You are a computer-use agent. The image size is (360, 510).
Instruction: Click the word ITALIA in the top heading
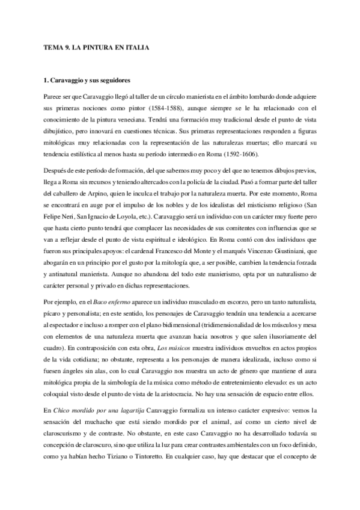click(x=135, y=47)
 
